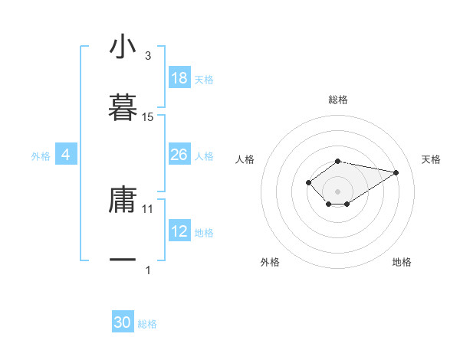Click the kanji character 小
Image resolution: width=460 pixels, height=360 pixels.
[x=123, y=47]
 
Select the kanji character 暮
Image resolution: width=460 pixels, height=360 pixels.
[x=123, y=107]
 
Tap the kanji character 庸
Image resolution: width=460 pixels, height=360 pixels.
[x=123, y=199]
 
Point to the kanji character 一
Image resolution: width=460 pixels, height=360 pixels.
[x=123, y=260]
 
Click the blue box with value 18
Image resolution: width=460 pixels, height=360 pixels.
[x=179, y=78]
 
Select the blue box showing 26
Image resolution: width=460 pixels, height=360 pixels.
[x=179, y=155]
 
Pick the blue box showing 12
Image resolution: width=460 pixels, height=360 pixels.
[x=179, y=231]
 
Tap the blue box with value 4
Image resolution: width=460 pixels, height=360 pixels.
[x=66, y=155]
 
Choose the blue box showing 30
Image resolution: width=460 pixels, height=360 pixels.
[x=123, y=322]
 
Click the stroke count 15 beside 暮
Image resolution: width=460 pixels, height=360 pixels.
[x=148, y=117]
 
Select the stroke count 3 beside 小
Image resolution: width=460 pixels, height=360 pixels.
[x=148, y=56]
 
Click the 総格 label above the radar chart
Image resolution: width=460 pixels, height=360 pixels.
[x=338, y=100]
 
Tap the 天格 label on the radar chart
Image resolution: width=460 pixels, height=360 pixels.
[x=431, y=159]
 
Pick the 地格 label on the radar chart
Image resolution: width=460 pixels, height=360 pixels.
[x=402, y=262]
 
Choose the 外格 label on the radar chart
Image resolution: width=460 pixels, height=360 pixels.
[x=270, y=262]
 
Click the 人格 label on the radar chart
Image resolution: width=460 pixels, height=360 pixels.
[x=245, y=159]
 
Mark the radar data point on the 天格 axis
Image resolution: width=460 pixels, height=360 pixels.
[x=396, y=172]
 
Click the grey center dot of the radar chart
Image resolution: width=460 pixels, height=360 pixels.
[x=338, y=191]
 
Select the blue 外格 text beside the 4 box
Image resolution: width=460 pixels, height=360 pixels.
[x=41, y=155]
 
